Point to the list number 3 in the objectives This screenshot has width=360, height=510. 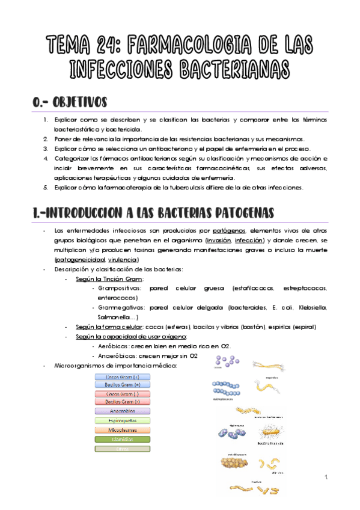[x=46, y=149]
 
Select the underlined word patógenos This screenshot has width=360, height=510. [x=229, y=230]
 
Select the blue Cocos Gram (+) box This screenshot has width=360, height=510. [x=123, y=377]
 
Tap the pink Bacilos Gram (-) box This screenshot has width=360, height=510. [x=123, y=402]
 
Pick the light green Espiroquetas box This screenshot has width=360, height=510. [x=123, y=421]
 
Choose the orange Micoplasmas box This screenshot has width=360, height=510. [x=123, y=430]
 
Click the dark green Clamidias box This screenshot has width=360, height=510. [x=123, y=440]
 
